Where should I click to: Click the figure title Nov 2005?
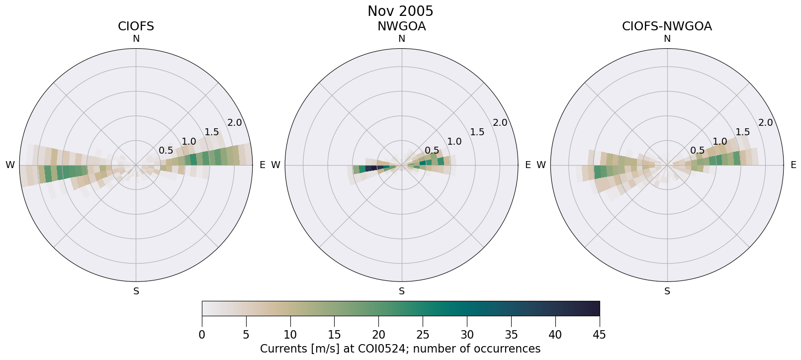click(x=400, y=11)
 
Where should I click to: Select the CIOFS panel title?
click(x=136, y=26)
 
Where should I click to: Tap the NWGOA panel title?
click(x=401, y=26)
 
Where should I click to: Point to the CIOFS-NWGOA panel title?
click(x=667, y=26)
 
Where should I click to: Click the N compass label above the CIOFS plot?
click(x=136, y=39)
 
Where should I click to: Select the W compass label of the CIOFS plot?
click(x=10, y=165)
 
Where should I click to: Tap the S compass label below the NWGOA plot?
click(x=402, y=291)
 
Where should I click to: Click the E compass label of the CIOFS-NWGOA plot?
click(x=794, y=165)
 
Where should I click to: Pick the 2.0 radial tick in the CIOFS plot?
click(x=234, y=123)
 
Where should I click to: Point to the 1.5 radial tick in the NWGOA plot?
click(x=477, y=132)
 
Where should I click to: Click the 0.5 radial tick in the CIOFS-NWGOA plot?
click(x=697, y=151)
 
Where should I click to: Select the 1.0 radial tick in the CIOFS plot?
click(x=189, y=141)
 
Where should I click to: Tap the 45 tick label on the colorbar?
click(x=599, y=335)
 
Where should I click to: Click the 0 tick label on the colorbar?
click(x=202, y=335)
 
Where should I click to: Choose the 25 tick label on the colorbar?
click(x=423, y=335)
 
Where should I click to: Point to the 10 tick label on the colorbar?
click(x=290, y=335)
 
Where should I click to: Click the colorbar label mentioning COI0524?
click(x=400, y=349)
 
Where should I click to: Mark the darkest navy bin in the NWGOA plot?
click(x=370, y=169)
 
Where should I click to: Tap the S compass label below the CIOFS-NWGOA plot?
click(x=667, y=291)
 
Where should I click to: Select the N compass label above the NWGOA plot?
click(x=402, y=39)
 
